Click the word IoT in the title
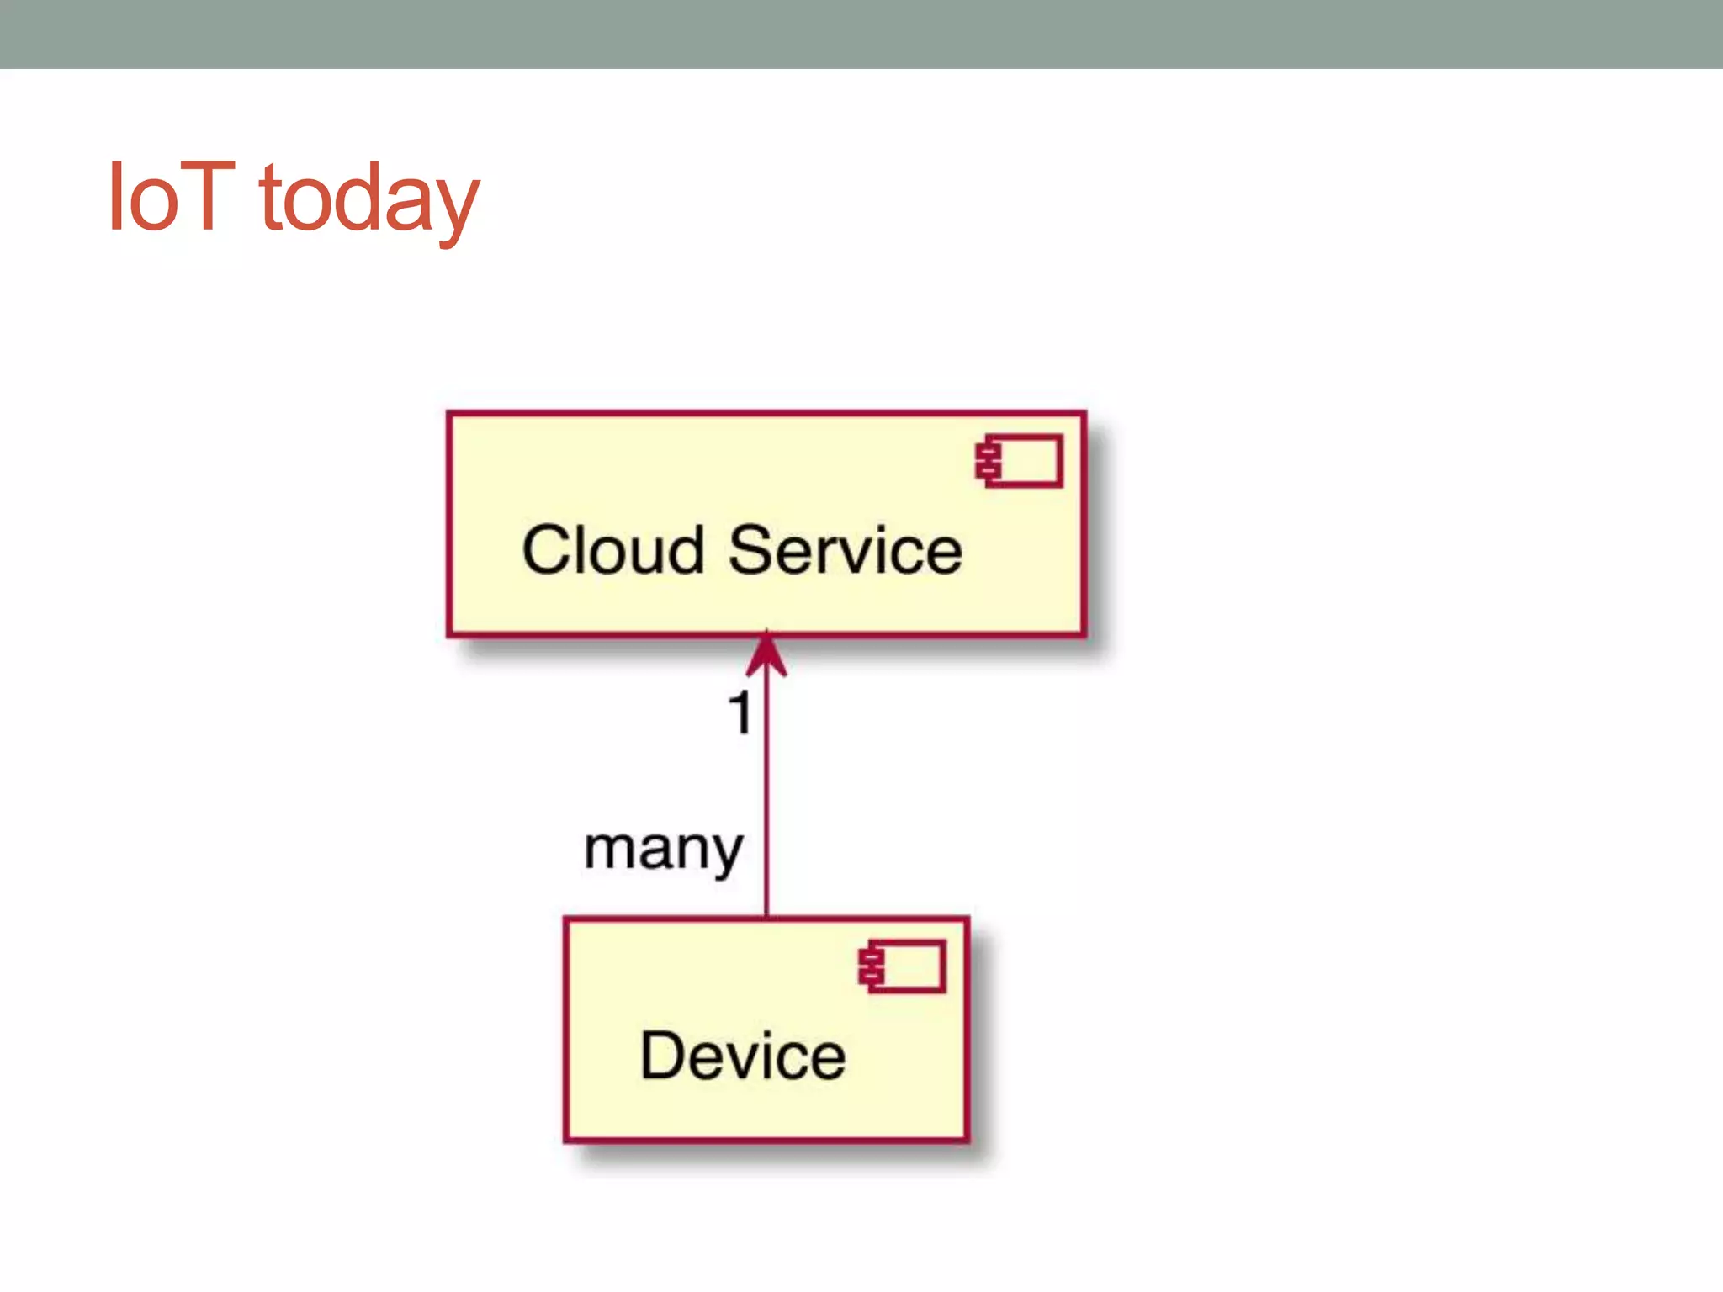(x=171, y=197)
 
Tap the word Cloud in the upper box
(x=612, y=551)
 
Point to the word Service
(x=845, y=551)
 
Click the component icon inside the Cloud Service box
(x=1020, y=461)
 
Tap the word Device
(x=743, y=1056)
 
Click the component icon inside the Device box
(x=903, y=966)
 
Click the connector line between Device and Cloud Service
(x=766, y=799)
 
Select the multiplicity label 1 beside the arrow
(x=740, y=713)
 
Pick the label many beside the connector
(x=664, y=850)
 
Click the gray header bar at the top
(x=861, y=34)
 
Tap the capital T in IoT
(x=203, y=197)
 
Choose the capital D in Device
(x=663, y=1056)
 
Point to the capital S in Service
(x=751, y=551)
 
